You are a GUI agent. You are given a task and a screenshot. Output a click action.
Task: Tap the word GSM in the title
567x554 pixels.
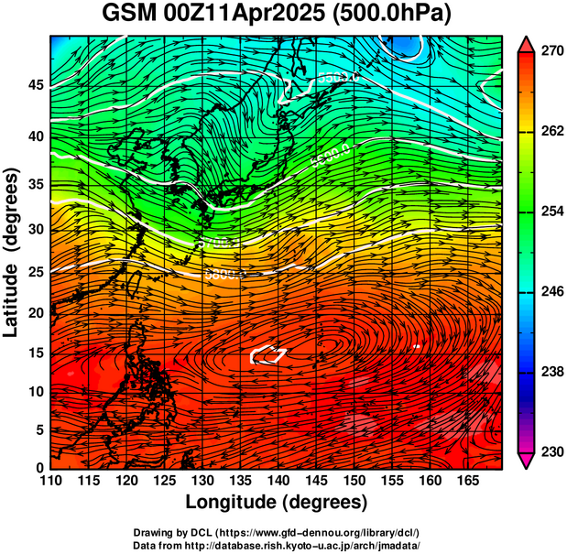tap(128, 15)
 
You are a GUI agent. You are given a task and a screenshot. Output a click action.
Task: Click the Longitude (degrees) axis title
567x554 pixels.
tap(276, 503)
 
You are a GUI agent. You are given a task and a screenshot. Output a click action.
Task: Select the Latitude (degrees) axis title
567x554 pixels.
tap(12, 252)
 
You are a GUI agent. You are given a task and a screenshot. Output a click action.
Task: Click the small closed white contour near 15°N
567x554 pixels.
tap(268, 353)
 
